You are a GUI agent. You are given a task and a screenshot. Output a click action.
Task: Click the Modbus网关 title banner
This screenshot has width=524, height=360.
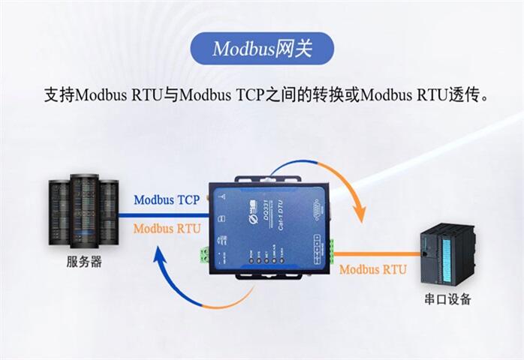tap(261, 49)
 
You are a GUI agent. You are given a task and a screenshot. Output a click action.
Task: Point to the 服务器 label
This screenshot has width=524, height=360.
tap(84, 262)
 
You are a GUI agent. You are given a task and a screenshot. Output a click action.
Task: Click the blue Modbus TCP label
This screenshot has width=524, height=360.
tap(166, 200)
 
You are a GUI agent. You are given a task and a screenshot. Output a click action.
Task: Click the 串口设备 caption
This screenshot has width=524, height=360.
tap(447, 300)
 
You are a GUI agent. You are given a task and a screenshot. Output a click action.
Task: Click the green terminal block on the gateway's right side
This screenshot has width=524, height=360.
tap(328, 248)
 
